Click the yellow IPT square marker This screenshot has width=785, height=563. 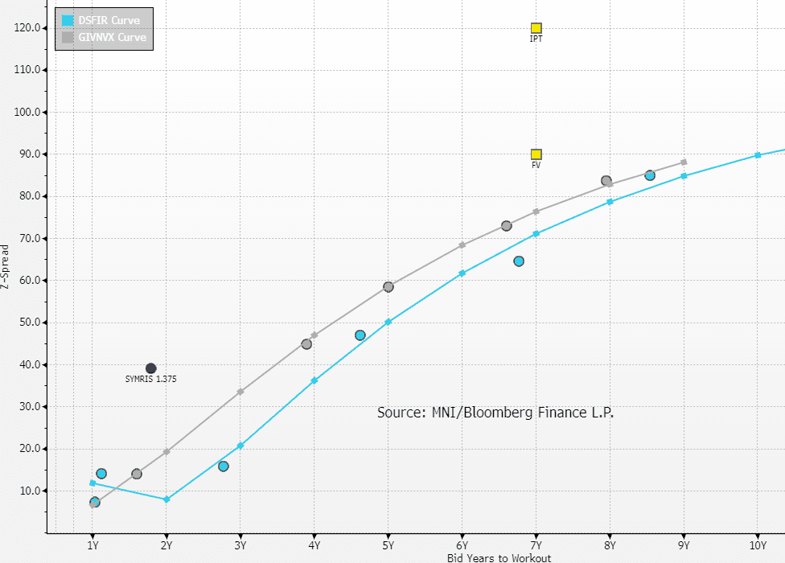[536, 28]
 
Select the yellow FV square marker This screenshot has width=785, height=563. [536, 154]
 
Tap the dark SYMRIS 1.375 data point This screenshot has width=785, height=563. [151, 368]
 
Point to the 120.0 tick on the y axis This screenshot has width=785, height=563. [31, 28]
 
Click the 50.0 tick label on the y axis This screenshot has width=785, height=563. [31, 323]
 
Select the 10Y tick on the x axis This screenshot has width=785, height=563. [758, 545]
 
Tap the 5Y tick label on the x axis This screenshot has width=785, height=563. [388, 545]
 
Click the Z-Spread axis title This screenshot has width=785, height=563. [6, 266]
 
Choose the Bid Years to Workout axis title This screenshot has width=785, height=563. [499, 557]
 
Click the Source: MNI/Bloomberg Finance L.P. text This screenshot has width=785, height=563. [495, 413]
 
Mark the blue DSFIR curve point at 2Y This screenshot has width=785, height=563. [166, 499]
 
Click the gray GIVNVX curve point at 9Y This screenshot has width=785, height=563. [684, 162]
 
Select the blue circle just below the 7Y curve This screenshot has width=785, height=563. [519, 261]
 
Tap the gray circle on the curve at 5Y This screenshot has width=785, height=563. [388, 287]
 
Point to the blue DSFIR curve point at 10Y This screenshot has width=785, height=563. [758, 155]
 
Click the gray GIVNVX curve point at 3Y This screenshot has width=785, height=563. [240, 392]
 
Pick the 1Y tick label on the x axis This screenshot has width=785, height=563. [92, 545]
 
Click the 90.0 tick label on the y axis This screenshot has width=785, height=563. [31, 154]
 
